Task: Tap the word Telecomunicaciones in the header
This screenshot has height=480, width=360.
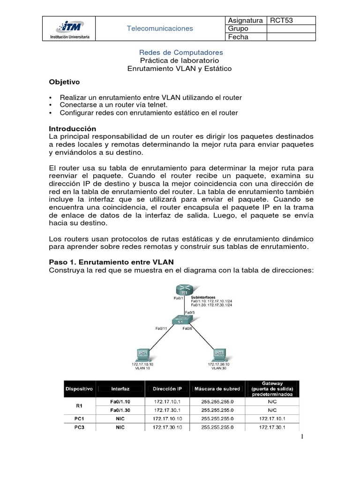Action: click(x=160, y=29)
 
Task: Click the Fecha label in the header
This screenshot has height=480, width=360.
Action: click(x=237, y=37)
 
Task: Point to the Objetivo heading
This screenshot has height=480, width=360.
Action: click(x=65, y=82)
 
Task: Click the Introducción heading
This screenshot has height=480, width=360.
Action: click(x=73, y=128)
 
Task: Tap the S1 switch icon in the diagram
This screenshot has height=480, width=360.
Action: click(x=180, y=322)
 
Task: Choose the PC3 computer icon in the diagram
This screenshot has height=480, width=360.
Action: click(x=219, y=353)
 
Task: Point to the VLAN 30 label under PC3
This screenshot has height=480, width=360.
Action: click(x=219, y=368)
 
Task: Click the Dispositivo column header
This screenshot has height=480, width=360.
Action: click(x=79, y=389)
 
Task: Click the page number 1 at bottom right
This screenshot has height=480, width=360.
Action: click(x=303, y=437)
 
